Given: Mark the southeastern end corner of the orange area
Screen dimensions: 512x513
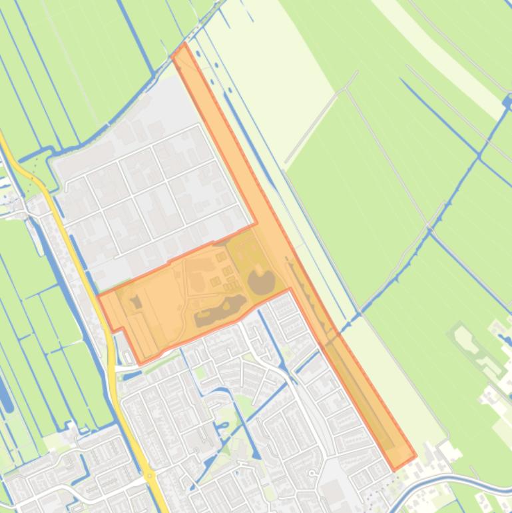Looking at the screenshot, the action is point(414,458).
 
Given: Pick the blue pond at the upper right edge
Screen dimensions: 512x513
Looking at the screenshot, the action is point(508,102).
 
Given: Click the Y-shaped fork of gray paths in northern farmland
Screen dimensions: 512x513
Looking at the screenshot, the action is point(347,87).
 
